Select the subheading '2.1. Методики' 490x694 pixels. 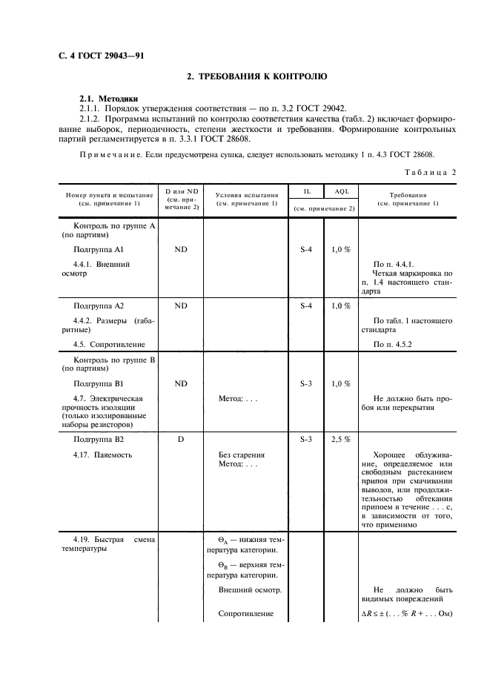click(x=108, y=98)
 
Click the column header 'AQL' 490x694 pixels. click(x=341, y=192)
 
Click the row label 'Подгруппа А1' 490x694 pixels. click(x=99, y=250)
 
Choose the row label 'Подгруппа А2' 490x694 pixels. click(x=99, y=305)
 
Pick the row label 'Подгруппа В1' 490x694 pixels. click(x=99, y=384)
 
